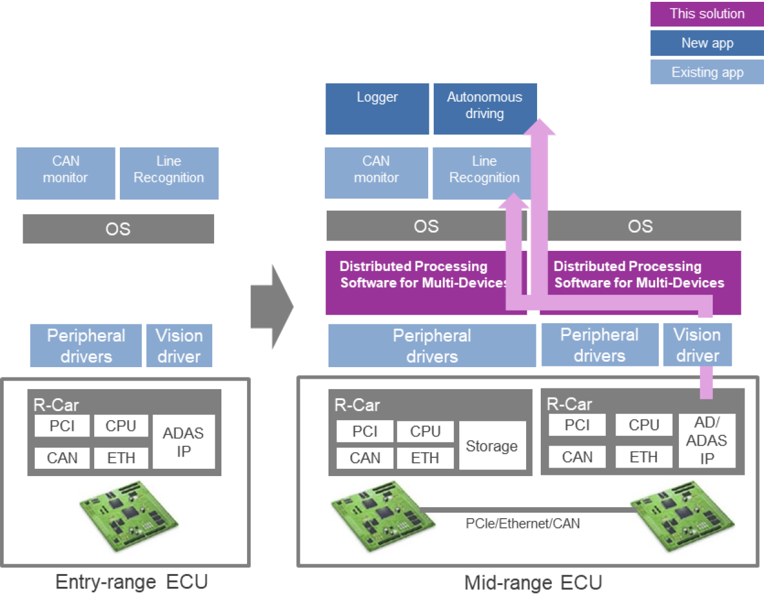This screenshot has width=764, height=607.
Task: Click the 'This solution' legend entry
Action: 707,14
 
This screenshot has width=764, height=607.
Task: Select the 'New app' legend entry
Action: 707,43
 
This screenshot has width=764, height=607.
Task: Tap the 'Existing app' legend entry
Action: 707,72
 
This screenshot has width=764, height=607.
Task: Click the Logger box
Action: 377,108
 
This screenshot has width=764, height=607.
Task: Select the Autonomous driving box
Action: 484,106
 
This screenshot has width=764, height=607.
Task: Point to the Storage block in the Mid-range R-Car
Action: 492,446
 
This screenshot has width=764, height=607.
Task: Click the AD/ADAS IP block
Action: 706,441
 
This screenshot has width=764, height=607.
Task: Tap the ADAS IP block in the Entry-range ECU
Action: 183,442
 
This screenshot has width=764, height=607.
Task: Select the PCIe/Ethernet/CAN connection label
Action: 523,524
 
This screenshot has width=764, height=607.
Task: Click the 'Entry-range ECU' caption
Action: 131,582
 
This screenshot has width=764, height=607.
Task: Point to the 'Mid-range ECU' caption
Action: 533,583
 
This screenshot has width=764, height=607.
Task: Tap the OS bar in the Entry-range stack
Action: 118,229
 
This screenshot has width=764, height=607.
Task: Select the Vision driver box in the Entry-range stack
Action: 179,346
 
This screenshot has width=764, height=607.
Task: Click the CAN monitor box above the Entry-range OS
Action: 66,173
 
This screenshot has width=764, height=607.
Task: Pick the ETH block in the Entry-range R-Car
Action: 121,458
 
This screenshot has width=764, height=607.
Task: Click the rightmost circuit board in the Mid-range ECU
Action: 682,515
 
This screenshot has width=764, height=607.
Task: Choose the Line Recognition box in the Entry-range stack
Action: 168,173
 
